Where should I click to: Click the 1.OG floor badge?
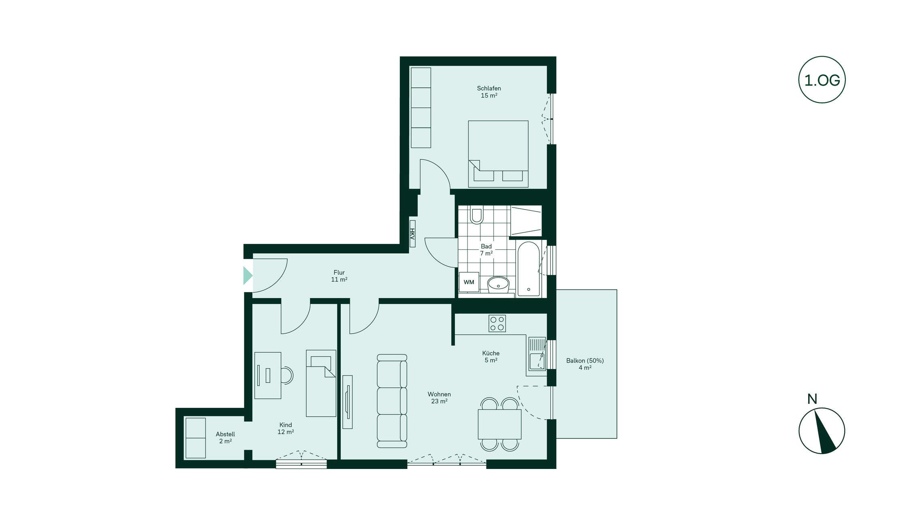click(x=821, y=80)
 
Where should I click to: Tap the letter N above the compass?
click(x=812, y=399)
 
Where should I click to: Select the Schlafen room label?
click(x=489, y=88)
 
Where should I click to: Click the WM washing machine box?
click(x=469, y=282)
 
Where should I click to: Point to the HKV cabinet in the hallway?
click(x=412, y=233)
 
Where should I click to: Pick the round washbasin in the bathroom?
click(x=498, y=284)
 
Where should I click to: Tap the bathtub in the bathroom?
click(x=528, y=269)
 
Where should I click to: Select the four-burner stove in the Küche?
click(x=497, y=323)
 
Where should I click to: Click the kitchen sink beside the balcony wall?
click(x=537, y=354)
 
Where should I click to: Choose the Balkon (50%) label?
click(x=585, y=361)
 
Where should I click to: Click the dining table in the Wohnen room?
click(x=499, y=424)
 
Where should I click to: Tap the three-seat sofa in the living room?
click(x=392, y=401)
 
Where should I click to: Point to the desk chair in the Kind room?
click(x=287, y=375)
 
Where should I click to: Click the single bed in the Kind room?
click(x=321, y=383)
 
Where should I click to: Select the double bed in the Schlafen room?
click(x=498, y=154)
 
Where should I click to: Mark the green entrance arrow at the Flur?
click(x=248, y=276)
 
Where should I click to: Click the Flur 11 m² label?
click(x=339, y=276)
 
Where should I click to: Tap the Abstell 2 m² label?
click(x=225, y=437)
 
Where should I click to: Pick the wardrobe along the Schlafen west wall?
click(x=421, y=108)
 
